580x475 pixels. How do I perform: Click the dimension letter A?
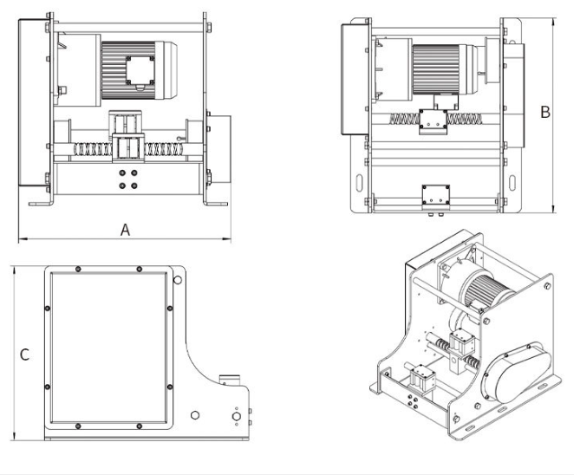tap(125, 230)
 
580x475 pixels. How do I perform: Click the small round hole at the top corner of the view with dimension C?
tap(178, 280)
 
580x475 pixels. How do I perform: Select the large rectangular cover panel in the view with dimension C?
tap(109, 346)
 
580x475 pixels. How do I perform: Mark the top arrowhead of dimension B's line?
tap(552, 17)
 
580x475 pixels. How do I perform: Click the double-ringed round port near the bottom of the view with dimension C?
tap(235, 417)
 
